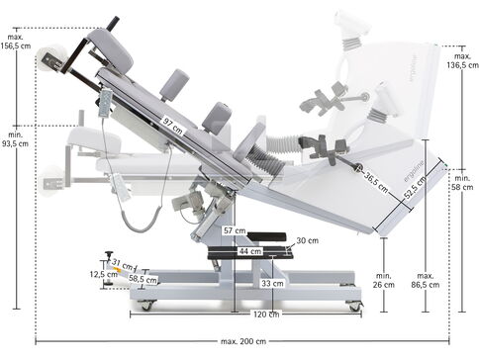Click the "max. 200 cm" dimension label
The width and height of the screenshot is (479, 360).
pos(243,341)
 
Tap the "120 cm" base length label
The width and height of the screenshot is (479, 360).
pos(266,315)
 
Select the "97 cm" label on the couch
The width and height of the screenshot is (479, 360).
pos(173,126)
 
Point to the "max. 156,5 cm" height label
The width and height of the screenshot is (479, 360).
pos(16,42)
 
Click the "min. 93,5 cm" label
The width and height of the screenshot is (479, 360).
pos(15,139)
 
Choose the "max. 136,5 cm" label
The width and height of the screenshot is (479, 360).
pos(462,60)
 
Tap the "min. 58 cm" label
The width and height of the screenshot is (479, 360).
pos(462,183)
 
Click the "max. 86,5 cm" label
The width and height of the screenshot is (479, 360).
pos(425,280)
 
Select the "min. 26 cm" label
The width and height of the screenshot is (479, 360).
pos(384,280)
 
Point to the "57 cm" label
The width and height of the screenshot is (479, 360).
pos(235,230)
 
